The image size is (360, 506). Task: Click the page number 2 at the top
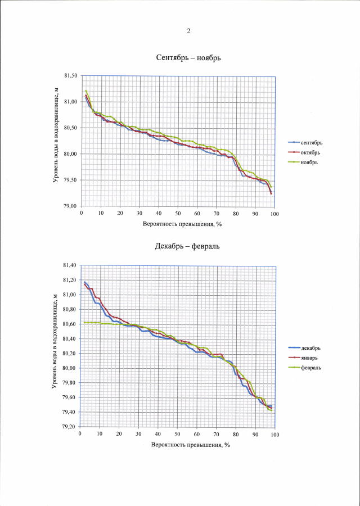point(188,31)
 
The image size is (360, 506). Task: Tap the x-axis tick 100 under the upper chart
point(274,214)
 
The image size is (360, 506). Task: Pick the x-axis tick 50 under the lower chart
point(177,435)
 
